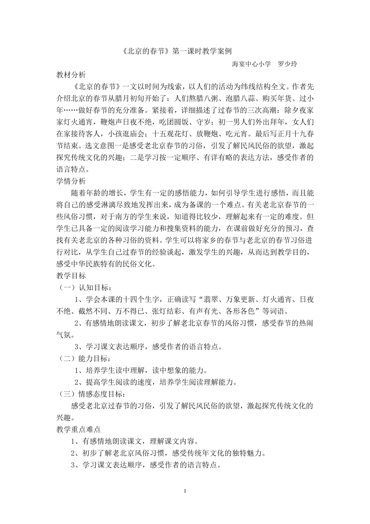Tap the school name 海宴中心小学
251,64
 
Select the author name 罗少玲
287,64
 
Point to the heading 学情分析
71,181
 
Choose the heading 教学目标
71,276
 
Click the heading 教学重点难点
78,429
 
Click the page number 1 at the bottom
185,490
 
